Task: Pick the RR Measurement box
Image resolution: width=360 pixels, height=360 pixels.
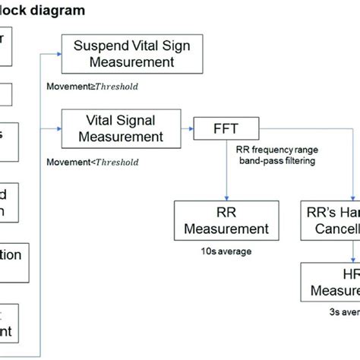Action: pos(222,219)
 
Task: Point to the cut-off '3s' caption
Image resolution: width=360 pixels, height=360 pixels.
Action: pos(334,310)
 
